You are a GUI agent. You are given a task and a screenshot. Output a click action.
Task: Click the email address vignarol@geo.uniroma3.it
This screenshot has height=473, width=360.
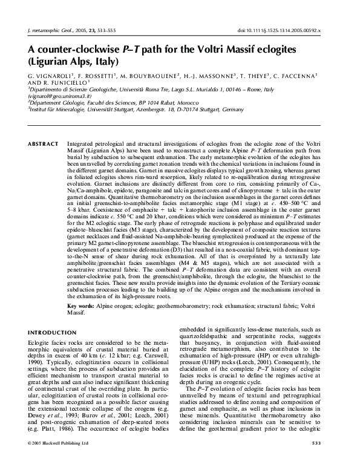(x=56, y=96)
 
